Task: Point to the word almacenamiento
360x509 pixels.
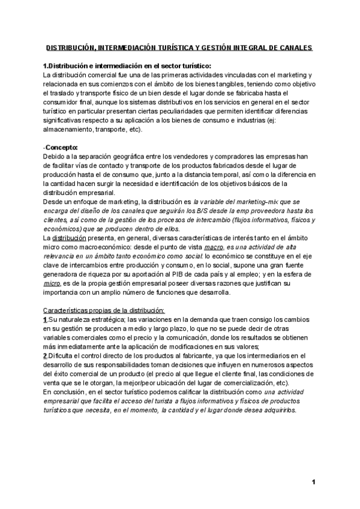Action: click(x=68, y=129)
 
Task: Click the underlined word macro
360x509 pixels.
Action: click(x=214, y=247)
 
